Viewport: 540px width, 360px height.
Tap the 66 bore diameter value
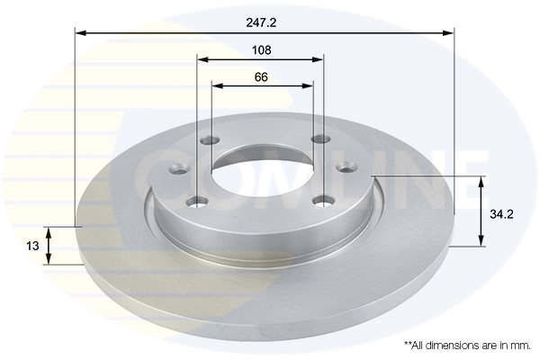click(x=261, y=76)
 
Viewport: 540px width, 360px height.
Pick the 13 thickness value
click(x=31, y=246)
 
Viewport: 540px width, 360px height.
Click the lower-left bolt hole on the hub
click(x=197, y=201)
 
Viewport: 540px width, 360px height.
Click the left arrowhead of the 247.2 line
click(x=80, y=32)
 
